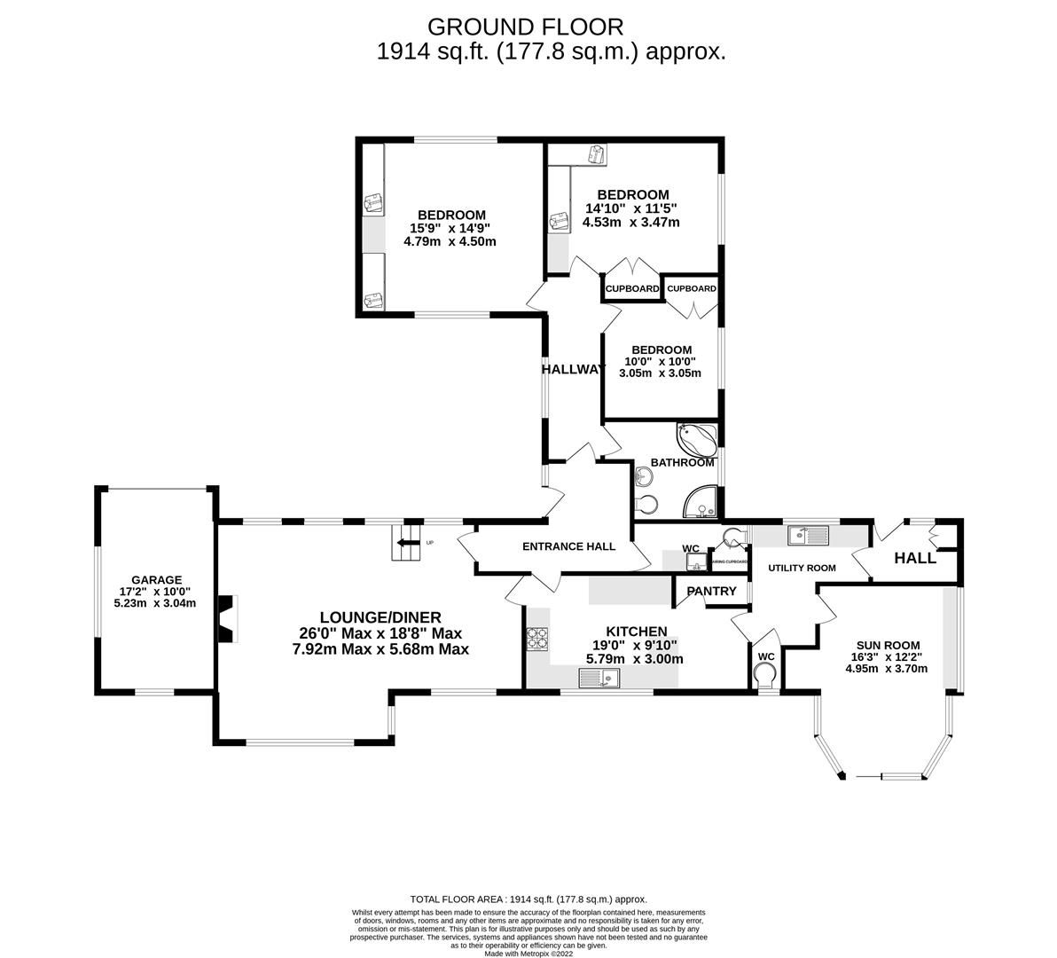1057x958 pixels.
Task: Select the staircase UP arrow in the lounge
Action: point(408,542)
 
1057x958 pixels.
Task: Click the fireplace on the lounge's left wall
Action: point(229,618)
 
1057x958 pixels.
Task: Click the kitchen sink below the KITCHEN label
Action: point(599,679)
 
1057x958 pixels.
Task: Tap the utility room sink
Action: point(807,535)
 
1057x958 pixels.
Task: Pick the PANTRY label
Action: point(711,591)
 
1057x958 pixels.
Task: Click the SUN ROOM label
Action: point(888,646)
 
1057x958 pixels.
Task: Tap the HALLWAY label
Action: point(573,369)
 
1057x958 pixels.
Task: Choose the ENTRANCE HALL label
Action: point(568,546)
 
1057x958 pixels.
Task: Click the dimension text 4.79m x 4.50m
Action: point(451,241)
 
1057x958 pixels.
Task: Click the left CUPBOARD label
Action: point(632,289)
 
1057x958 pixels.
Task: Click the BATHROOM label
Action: point(682,462)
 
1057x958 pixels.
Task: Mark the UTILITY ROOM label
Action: point(802,568)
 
